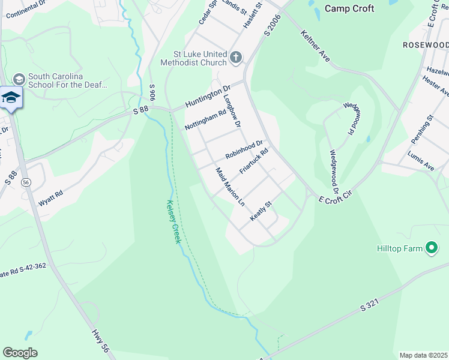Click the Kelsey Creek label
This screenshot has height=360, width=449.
pyautogui.click(x=173, y=221)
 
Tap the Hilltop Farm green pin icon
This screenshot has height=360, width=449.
pyautogui.click(x=431, y=247)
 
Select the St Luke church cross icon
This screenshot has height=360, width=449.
pyautogui.click(x=236, y=58)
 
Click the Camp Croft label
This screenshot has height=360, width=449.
pyautogui.click(x=349, y=8)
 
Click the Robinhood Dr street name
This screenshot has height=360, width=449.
pyautogui.click(x=244, y=149)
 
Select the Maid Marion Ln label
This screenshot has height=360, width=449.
pyautogui.click(x=230, y=187)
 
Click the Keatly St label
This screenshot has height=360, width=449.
pyautogui.click(x=261, y=211)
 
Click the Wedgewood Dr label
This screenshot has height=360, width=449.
pyautogui.click(x=334, y=171)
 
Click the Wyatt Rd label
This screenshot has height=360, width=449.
pyautogui.click(x=51, y=199)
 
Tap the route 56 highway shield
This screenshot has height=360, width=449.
pyautogui.click(x=26, y=182)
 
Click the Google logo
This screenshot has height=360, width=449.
pyautogui.click(x=20, y=352)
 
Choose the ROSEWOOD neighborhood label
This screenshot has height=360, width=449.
pyautogui.click(x=425, y=45)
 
